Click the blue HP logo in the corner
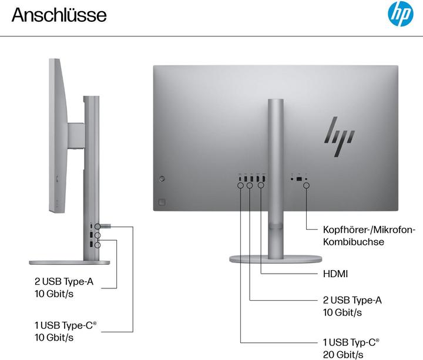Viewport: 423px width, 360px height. tap(400, 15)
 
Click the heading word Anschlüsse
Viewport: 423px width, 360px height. tap(59, 15)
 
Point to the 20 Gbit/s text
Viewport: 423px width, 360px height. tap(343, 354)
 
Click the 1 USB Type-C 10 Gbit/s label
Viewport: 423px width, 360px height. tap(65, 331)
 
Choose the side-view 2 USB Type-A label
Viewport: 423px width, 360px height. tap(63, 288)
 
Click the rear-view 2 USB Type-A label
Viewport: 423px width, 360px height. tap(352, 306)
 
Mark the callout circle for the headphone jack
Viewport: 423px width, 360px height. tap(307, 186)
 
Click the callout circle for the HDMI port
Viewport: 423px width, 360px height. tap(261, 186)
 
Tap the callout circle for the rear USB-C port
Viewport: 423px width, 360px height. tap(241, 186)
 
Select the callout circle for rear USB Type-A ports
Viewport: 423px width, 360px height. tap(250, 186)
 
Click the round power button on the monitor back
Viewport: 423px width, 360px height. tap(162, 178)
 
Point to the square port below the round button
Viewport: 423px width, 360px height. tap(162, 201)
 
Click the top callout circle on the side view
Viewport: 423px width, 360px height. tap(98, 226)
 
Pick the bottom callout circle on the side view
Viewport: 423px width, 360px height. tap(98, 245)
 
